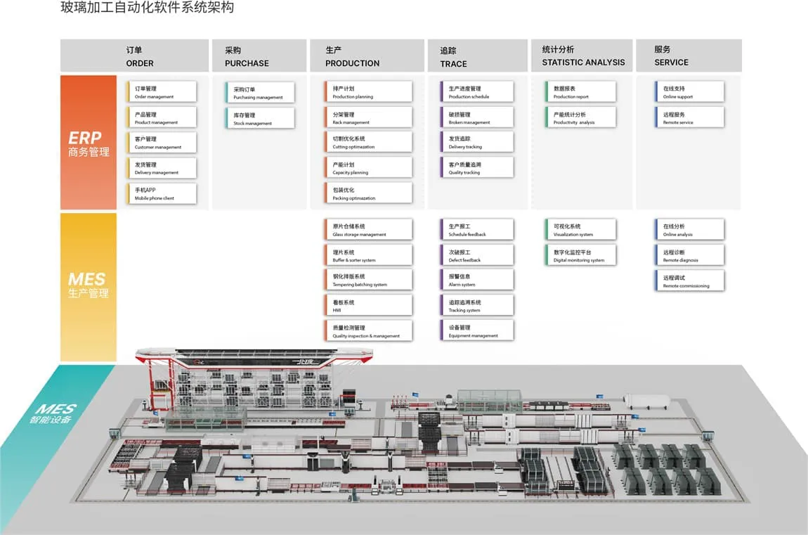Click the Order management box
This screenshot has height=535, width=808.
pyautogui.click(x=162, y=92)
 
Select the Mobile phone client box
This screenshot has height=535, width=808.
pyautogui.click(x=162, y=193)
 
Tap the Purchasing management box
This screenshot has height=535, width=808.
pyautogui.click(x=260, y=93)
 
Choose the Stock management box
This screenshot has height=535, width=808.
pyautogui.click(x=260, y=118)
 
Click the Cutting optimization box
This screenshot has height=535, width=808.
pyautogui.click(x=372, y=143)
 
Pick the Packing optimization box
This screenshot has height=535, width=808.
pyautogui.click(x=372, y=193)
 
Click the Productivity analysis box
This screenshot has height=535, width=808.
pyautogui.click(x=580, y=117)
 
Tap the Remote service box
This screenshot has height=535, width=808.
pyautogui.click(x=689, y=117)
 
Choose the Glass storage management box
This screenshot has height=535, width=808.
pyautogui.click(x=372, y=230)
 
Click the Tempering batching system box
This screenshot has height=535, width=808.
pyautogui.click(x=372, y=280)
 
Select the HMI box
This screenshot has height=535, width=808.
pyautogui.click(x=372, y=305)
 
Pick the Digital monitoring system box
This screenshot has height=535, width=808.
pyautogui.click(x=580, y=255)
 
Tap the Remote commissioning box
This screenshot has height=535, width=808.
pyautogui.click(x=689, y=281)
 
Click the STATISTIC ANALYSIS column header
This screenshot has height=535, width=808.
pyautogui.click(x=582, y=56)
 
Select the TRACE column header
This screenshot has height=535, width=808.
pyautogui.click(x=477, y=56)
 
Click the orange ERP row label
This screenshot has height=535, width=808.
pyautogui.click(x=88, y=143)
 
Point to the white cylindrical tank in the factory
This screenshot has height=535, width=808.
pyautogui.click(x=646, y=401)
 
